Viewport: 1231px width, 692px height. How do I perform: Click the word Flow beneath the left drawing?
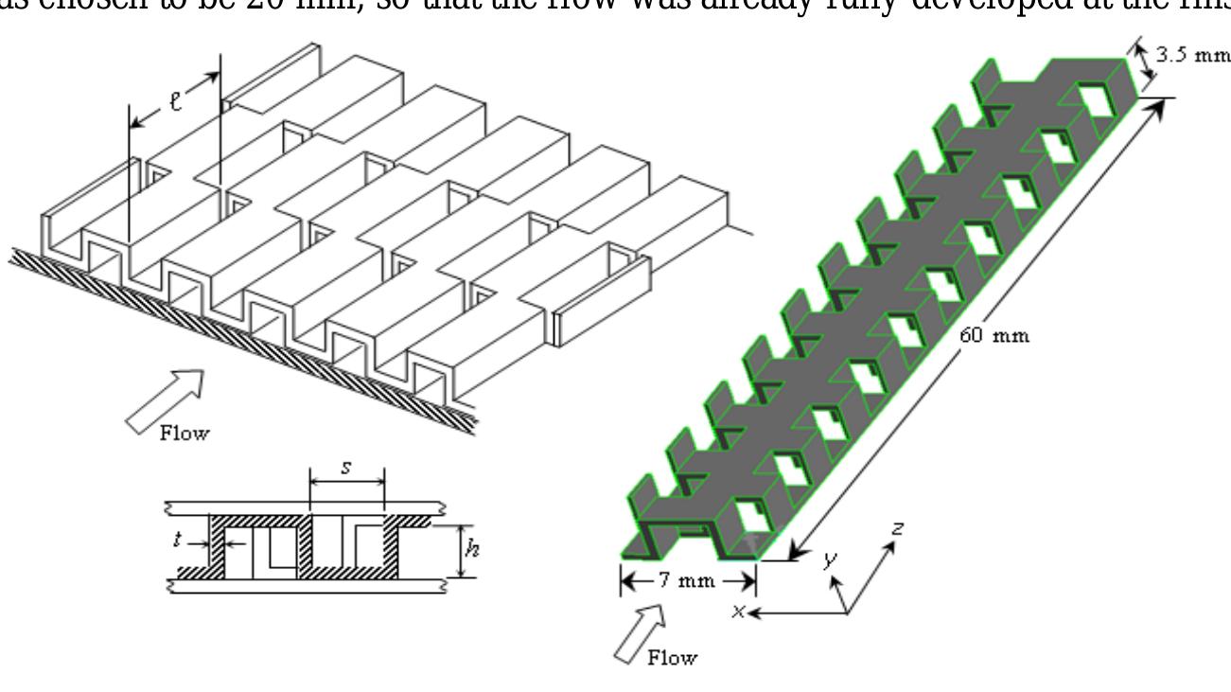tap(185, 435)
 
